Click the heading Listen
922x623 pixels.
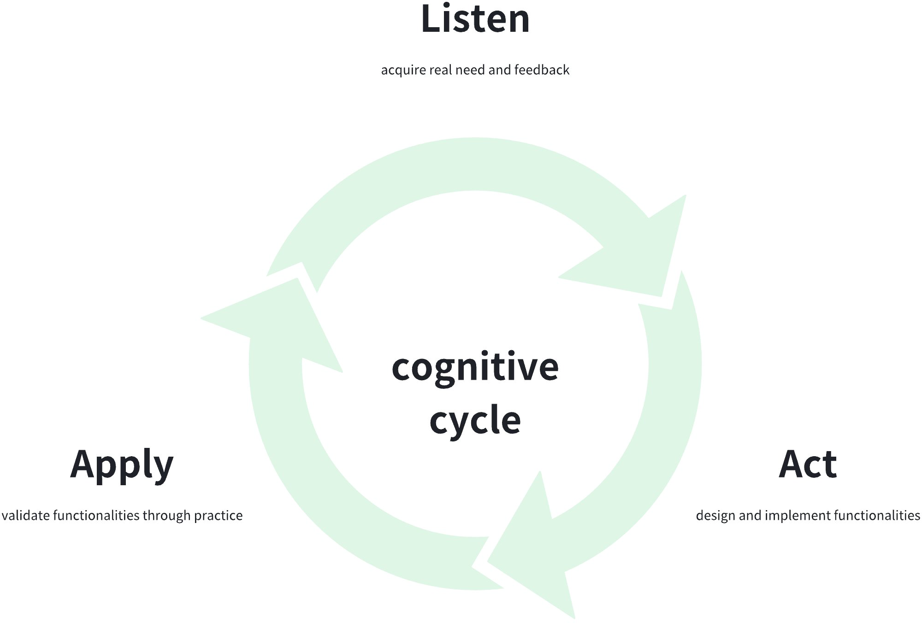(x=475, y=19)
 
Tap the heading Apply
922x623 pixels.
(x=122, y=464)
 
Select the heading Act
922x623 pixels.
(x=808, y=464)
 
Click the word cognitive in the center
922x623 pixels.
(x=475, y=367)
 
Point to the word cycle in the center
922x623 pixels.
(x=475, y=420)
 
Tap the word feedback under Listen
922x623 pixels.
(x=542, y=70)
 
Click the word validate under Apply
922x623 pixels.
(x=26, y=515)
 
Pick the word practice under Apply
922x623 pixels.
(x=218, y=515)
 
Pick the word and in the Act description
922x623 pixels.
(x=751, y=515)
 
